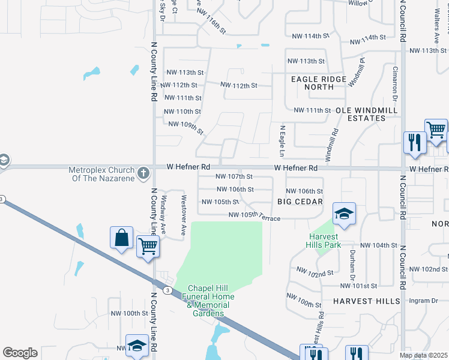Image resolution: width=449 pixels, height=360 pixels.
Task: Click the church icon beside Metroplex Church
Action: (x=142, y=173)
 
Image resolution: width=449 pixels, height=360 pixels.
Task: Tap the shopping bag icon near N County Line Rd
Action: (x=122, y=238)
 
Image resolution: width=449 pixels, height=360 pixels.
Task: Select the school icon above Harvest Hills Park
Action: (x=344, y=214)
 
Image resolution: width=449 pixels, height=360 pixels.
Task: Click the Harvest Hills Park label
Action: (x=324, y=241)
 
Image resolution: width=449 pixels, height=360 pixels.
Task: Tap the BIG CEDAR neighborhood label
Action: (x=300, y=202)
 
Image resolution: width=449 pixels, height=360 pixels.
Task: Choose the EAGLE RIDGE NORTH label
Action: (x=318, y=83)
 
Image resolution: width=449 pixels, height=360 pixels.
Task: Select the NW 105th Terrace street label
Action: (x=254, y=216)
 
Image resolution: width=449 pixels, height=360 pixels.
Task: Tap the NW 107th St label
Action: (x=234, y=177)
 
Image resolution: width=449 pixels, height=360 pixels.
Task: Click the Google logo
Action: (x=20, y=353)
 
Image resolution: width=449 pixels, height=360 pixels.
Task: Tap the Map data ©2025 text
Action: (x=424, y=355)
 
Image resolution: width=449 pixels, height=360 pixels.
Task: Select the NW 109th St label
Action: (x=186, y=127)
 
